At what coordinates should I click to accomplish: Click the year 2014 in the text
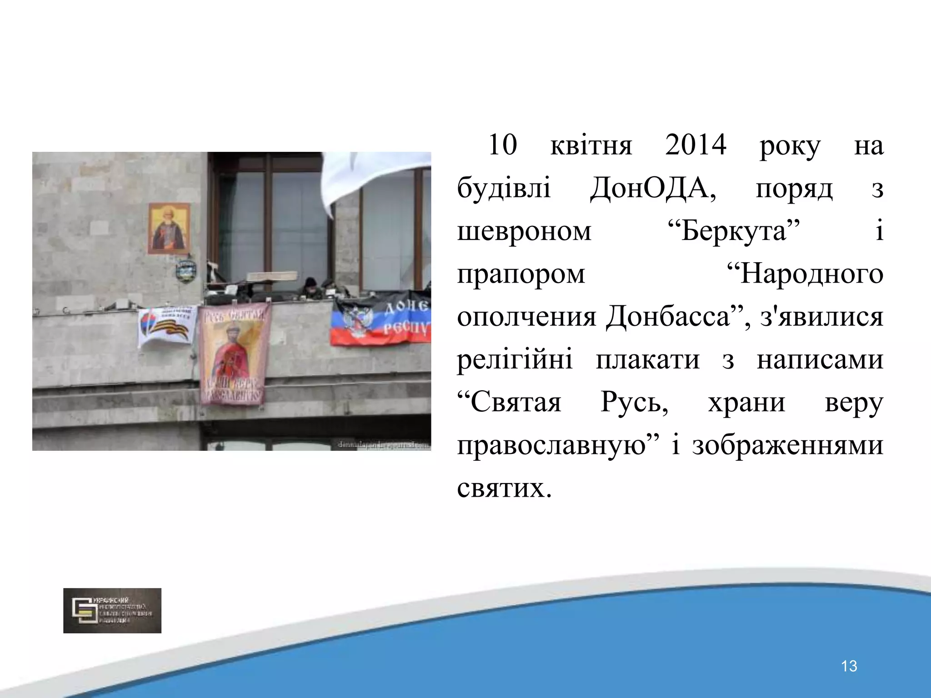(696, 145)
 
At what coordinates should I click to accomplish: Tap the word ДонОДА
(653, 188)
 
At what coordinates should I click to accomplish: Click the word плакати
(647, 359)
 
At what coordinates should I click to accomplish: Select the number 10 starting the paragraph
(502, 145)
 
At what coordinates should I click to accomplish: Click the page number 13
(849, 666)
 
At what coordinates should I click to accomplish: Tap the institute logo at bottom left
(112, 610)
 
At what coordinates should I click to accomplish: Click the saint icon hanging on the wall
(169, 228)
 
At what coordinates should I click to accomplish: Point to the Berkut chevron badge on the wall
(185, 271)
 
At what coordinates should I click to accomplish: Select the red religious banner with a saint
(234, 354)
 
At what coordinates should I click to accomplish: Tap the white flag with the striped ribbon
(167, 326)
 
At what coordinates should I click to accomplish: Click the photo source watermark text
(384, 445)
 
